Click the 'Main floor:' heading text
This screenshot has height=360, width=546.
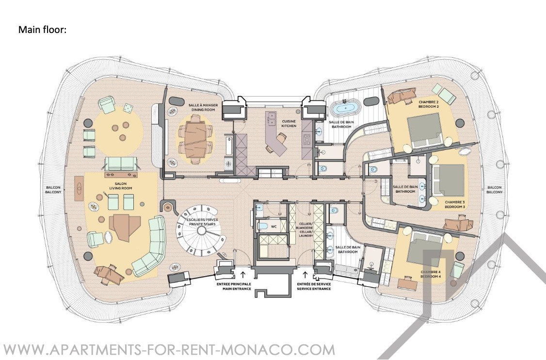[x=42, y=30]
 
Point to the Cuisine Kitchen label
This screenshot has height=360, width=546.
[x=289, y=124]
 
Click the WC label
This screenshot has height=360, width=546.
[x=273, y=227]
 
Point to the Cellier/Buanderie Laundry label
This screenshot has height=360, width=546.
[x=306, y=229]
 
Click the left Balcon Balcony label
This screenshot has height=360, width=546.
[x=53, y=190]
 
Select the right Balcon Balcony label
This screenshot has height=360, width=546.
[x=495, y=190]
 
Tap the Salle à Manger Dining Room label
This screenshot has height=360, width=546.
[x=203, y=107]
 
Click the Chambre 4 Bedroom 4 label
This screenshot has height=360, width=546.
[x=431, y=274]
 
